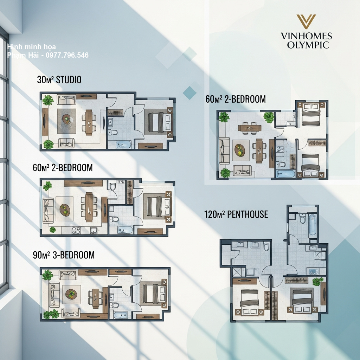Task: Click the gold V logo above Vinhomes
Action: (x=306, y=21)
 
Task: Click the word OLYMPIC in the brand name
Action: (x=308, y=45)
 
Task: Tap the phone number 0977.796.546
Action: (x=67, y=55)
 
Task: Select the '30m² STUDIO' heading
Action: (x=59, y=80)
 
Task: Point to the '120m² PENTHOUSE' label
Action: (x=236, y=214)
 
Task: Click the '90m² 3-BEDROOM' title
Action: (x=64, y=255)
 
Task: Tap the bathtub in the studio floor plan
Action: (x=123, y=144)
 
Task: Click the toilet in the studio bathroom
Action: (x=112, y=132)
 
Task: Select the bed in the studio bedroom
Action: (x=159, y=122)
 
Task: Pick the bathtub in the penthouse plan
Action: (x=312, y=225)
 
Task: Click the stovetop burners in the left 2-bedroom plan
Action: (x=76, y=230)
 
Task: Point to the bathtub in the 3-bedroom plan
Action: (x=120, y=315)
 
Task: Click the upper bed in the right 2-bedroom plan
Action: (x=311, y=114)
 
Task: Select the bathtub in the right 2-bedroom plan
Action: (x=286, y=174)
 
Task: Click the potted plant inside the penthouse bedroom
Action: (x=316, y=282)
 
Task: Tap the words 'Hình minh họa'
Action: (x=31, y=47)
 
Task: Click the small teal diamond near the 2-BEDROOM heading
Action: (x=190, y=93)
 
